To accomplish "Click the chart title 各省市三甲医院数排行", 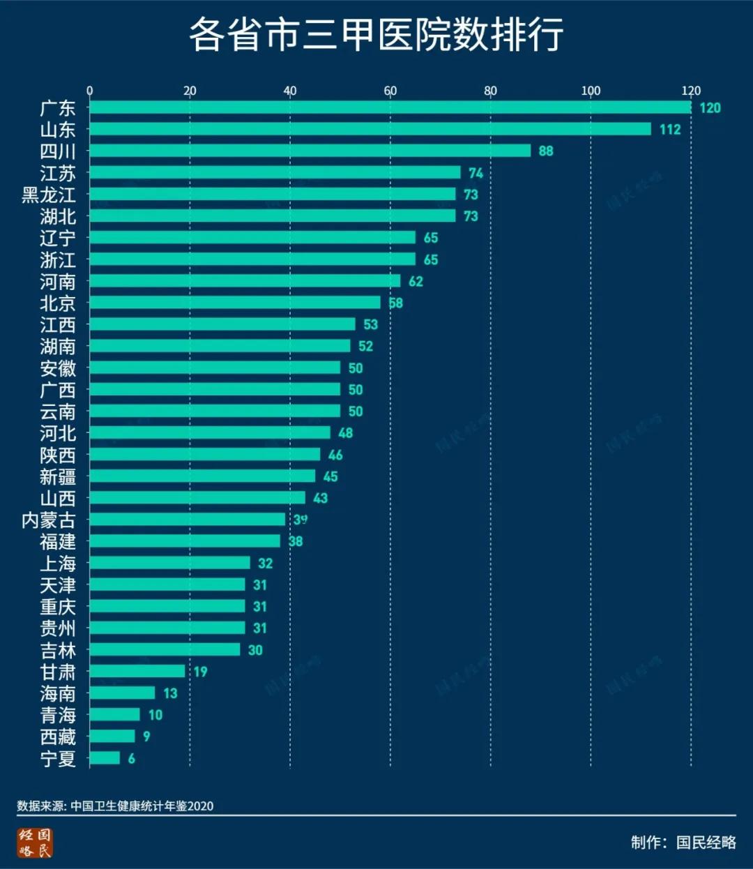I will tap(376, 35).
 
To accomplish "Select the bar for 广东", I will tap(390, 107).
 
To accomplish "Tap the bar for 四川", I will tap(310, 151).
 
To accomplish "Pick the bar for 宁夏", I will tap(105, 758).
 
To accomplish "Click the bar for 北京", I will tap(235, 303).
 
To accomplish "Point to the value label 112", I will tap(669, 130).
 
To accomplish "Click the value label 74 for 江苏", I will tap(476, 173).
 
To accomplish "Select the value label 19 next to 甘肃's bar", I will tap(201, 672).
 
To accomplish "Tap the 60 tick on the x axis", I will tap(390, 91).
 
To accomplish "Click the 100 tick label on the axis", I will tap(591, 91).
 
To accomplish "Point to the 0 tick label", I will tap(89, 91).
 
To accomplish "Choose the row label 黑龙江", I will tap(48, 195).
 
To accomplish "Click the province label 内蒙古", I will tap(48, 520).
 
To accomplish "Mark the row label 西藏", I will tap(58, 736).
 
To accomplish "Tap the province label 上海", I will tap(58, 564).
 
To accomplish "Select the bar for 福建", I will tap(185, 541).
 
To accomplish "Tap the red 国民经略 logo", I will tap(35, 842).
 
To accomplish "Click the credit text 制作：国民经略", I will tap(683, 842).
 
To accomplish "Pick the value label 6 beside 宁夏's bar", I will tap(132, 758).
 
